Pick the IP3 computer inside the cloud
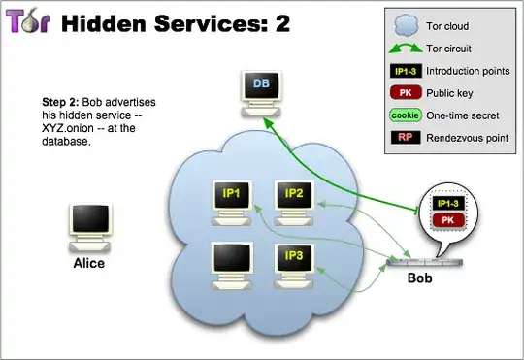click(294, 262)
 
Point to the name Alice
click(88, 263)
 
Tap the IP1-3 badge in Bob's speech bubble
click(448, 204)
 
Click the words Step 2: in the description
click(60, 102)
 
